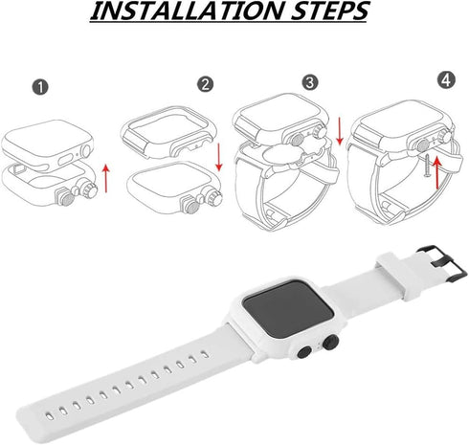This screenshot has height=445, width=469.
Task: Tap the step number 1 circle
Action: coord(37,87)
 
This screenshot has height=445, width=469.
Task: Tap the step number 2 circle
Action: coord(205,85)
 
